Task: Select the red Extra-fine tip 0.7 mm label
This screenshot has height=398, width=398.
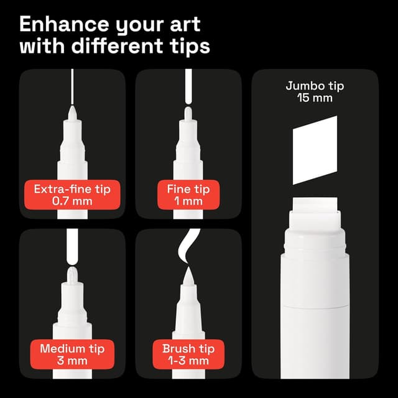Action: [x=73, y=194]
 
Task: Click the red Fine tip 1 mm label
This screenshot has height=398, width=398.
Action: [x=188, y=194]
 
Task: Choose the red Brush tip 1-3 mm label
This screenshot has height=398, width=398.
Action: [x=188, y=354]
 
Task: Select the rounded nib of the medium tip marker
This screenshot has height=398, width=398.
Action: [x=72, y=274]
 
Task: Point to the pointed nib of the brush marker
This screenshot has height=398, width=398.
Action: [x=188, y=274]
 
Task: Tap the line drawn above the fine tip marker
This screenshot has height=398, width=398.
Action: [x=188, y=87]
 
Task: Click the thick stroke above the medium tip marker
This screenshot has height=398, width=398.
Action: [x=72, y=246]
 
